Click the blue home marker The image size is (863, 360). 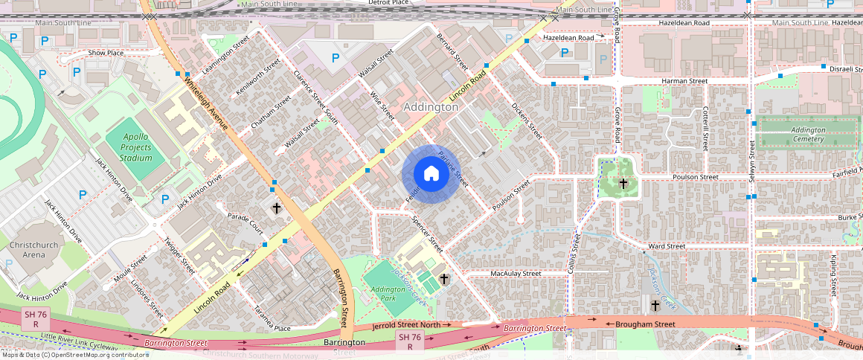pyautogui.click(x=431, y=174)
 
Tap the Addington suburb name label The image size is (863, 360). pyautogui.click(x=430, y=107)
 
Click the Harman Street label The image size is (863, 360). pyautogui.click(x=684, y=80)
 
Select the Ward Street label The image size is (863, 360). pyautogui.click(x=666, y=246)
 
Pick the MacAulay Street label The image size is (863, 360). pyautogui.click(x=516, y=274)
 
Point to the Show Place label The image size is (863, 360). pyautogui.click(x=106, y=53)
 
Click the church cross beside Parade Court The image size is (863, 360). pyautogui.click(x=276, y=208)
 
